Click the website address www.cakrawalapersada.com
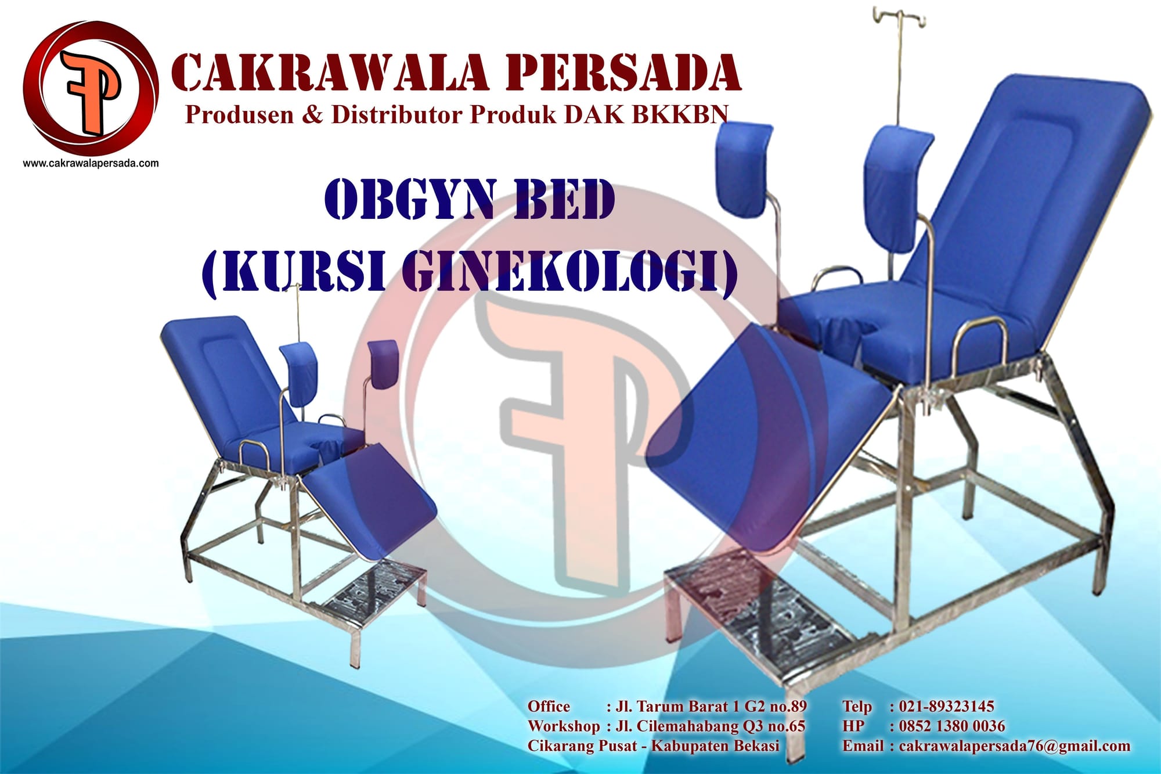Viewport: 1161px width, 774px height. coord(91,163)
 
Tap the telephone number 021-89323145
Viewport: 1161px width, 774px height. coord(946,706)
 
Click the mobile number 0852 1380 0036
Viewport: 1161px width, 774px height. coord(952,726)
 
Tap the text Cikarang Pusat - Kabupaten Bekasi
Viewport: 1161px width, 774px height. coord(654,746)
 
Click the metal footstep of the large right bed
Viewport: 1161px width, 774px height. coord(760,604)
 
